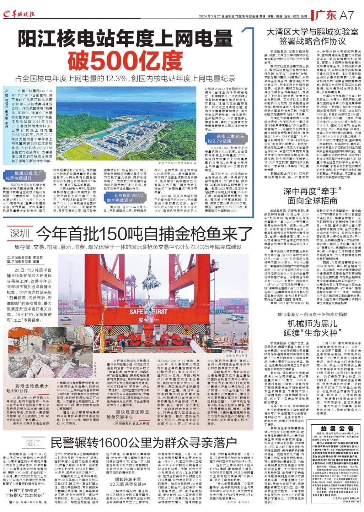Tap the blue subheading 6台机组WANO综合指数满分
click(129, 198)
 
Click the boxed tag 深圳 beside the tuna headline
click(19, 234)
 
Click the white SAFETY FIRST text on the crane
click(149, 312)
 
